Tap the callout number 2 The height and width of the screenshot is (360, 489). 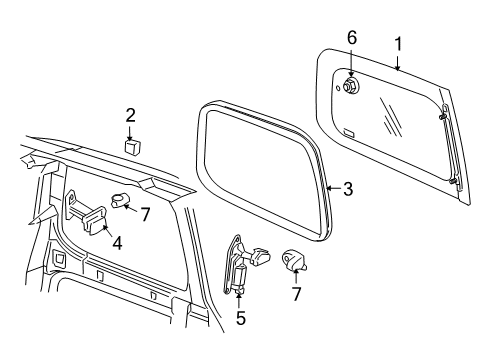pos(130,114)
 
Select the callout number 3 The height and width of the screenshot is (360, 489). pos(347,187)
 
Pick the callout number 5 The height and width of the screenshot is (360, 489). pos(241,319)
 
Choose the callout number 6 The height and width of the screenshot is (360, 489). pos(351,38)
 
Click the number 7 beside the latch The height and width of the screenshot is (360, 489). pos(145,213)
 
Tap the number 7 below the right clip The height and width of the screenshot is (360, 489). pos(296,295)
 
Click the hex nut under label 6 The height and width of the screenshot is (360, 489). pos(352,87)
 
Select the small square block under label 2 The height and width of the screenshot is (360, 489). pos(131,147)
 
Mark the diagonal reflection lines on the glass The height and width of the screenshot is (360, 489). pos(392,125)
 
